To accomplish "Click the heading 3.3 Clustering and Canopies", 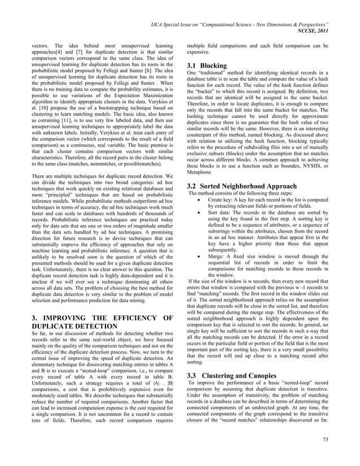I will (x=231, y=375).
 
